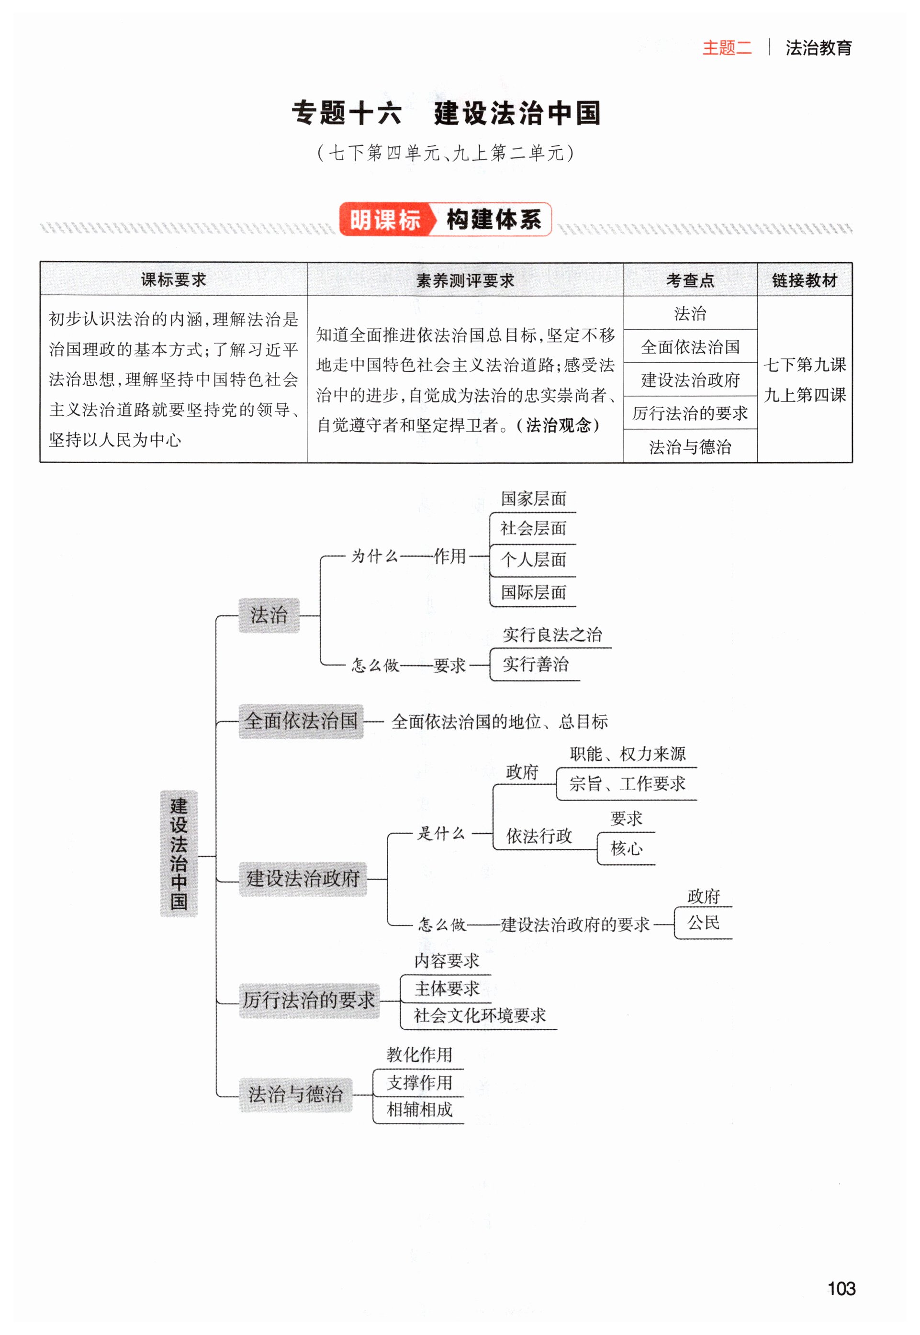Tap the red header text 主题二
pyautogui.click(x=727, y=48)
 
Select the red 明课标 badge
pyautogui.click(x=384, y=220)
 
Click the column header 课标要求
pyautogui.click(x=173, y=280)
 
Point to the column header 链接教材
pyautogui.click(x=804, y=280)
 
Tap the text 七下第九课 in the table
pyautogui.click(x=805, y=365)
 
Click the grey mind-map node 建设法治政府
pyautogui.click(x=303, y=879)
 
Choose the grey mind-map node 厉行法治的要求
pyautogui.click(x=309, y=1000)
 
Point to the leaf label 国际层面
pyautogui.click(x=533, y=592)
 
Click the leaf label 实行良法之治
pyautogui.click(x=552, y=635)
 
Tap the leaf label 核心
pyautogui.click(x=626, y=848)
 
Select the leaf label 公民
pyautogui.click(x=703, y=923)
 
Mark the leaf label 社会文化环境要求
pyautogui.click(x=480, y=1015)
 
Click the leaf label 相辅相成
pyautogui.click(x=420, y=1109)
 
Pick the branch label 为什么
pyautogui.click(x=375, y=556)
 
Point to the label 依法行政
pyautogui.click(x=539, y=836)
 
